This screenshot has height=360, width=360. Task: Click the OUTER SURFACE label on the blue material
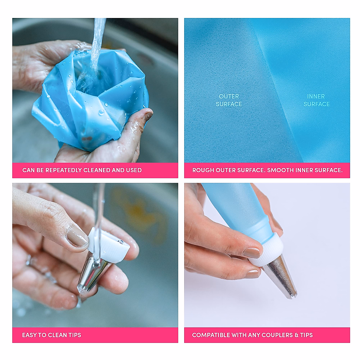pos(229,100)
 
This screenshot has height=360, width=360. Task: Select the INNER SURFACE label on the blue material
pos(316,100)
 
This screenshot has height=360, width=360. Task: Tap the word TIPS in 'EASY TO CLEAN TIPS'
pos(74,335)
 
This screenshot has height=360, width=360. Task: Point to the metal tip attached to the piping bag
pos(280,276)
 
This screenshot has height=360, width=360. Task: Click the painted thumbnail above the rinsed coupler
pos(77,237)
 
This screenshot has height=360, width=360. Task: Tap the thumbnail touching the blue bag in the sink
pos(148,115)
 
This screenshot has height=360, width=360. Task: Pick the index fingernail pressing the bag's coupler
pos(253,253)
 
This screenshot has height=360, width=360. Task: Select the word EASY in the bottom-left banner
pos(29,335)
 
